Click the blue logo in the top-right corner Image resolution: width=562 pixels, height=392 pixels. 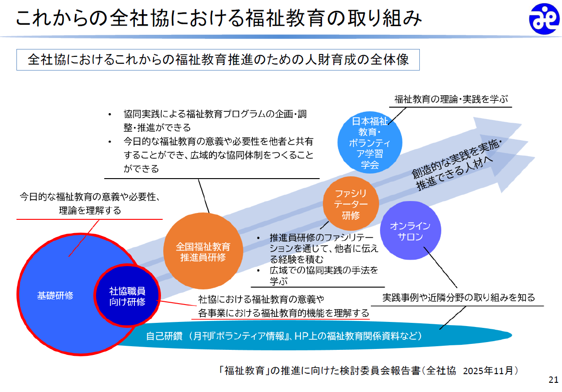coord(544,19)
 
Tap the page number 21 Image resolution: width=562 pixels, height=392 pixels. coord(553,380)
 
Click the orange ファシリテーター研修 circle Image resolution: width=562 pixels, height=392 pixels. coord(351,204)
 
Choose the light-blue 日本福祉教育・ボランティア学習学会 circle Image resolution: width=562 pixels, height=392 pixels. coord(369,142)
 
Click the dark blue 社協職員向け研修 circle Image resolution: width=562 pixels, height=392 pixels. coord(127,296)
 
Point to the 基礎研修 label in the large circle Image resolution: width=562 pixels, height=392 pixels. coord(55,295)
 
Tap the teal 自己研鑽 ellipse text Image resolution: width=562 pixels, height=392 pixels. coord(284,336)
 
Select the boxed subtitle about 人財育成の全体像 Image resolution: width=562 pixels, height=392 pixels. coord(218,60)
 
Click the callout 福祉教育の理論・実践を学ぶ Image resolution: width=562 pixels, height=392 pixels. coord(451,99)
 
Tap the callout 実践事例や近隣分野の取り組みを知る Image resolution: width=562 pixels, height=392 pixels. coord(458,298)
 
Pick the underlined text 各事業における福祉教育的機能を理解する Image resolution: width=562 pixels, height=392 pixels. coord(284,313)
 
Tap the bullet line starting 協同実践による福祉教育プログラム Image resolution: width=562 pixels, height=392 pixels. coord(215,114)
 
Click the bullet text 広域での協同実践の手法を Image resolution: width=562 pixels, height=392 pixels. coord(324,270)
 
